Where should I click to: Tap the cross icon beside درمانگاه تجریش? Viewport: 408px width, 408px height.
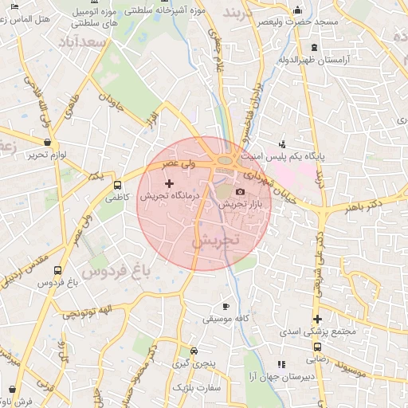tap(169, 184)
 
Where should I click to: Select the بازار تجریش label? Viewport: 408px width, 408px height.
tap(241, 205)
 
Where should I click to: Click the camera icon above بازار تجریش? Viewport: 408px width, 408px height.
tap(241, 192)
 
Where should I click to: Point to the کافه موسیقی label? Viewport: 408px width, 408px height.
tap(224, 319)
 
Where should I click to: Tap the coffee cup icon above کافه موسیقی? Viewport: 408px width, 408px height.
tap(226, 307)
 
